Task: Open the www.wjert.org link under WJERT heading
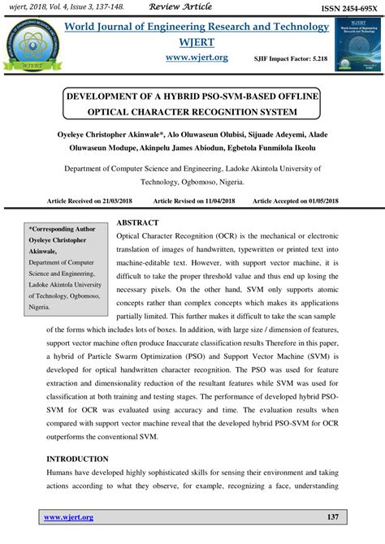pyautogui.click(x=197, y=58)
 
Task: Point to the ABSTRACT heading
pyautogui.click(x=137, y=222)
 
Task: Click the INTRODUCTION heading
pyautogui.click(x=78, y=459)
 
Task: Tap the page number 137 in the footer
pyautogui.click(x=331, y=517)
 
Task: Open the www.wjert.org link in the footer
pyautogui.click(x=68, y=517)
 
